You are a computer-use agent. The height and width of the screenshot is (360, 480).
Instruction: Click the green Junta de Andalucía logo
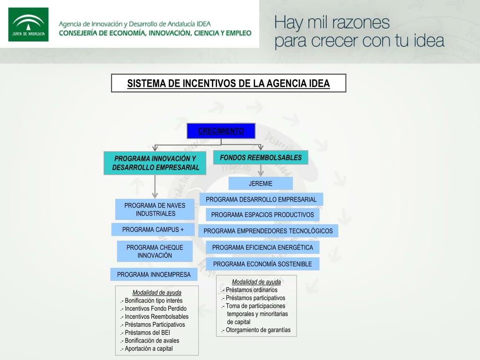click(x=28, y=24)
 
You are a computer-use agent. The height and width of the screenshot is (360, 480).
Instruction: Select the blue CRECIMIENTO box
click(x=221, y=131)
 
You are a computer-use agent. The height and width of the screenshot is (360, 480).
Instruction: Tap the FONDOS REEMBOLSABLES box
click(x=261, y=157)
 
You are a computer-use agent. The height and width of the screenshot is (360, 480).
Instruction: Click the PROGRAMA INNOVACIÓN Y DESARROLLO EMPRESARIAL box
click(x=155, y=163)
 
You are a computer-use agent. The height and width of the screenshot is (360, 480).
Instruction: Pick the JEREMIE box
click(x=261, y=183)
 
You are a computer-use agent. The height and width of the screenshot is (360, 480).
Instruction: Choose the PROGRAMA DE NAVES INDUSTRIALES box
click(x=155, y=210)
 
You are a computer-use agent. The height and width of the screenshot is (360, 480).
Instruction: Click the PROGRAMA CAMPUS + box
click(x=153, y=230)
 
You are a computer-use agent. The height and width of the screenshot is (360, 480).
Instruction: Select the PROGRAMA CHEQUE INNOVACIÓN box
click(x=155, y=251)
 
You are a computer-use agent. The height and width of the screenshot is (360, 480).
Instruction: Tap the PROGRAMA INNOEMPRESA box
click(x=154, y=274)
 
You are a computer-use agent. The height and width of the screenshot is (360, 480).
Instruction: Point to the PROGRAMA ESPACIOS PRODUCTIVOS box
click(x=262, y=215)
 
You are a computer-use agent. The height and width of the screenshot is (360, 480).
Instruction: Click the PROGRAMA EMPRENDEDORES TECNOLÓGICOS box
click(x=268, y=231)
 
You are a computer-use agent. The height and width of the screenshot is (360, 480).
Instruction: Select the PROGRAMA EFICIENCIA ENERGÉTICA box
click(x=262, y=247)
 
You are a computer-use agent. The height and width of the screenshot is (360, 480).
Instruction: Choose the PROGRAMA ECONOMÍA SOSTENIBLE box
click(x=262, y=264)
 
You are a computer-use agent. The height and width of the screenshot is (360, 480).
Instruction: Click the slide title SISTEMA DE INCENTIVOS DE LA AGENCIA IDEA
click(x=229, y=83)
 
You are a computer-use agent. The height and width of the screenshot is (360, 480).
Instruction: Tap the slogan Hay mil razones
click(x=332, y=22)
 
